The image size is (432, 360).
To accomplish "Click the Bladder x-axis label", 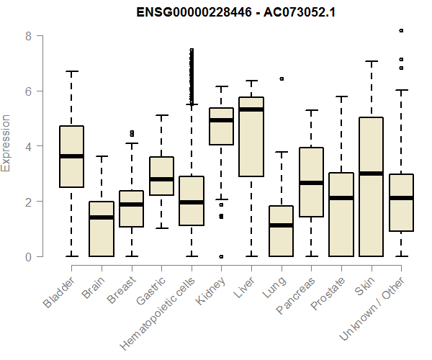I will pyautogui.click(x=59, y=292).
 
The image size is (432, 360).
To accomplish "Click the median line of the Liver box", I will pyautogui.click(x=251, y=109).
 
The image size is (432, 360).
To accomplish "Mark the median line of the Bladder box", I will pyautogui.click(x=72, y=156).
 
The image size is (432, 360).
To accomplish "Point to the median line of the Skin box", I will pyautogui.click(x=371, y=174).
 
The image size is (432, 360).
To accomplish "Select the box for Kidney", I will pyautogui.click(x=221, y=127).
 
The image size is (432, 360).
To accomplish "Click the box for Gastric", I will pyautogui.click(x=161, y=176).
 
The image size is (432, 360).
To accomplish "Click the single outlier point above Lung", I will pyautogui.click(x=282, y=78).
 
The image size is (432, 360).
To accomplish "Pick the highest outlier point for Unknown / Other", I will pyautogui.click(x=401, y=31).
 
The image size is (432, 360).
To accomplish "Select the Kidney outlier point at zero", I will pyautogui.click(x=221, y=256).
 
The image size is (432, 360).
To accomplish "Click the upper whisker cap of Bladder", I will pyautogui.click(x=72, y=72).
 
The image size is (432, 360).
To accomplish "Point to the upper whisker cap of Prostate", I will pyautogui.click(x=341, y=96).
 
